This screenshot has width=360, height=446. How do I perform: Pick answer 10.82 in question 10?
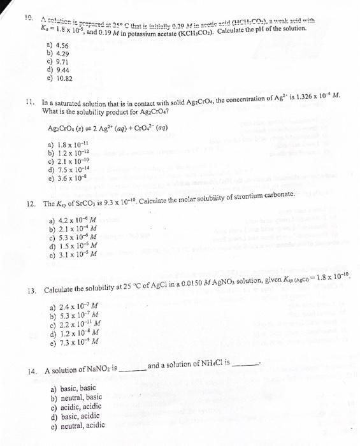point(64,80)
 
